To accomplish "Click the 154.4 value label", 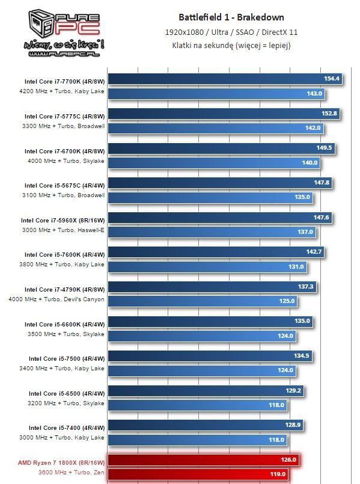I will point(332,78).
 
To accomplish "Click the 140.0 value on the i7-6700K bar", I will point(310,162).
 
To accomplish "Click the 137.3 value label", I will point(306,287).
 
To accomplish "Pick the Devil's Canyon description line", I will point(57,299).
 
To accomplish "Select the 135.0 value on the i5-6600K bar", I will point(302,321).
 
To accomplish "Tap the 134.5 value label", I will point(301,355).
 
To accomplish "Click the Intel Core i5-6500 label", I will point(66,393).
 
